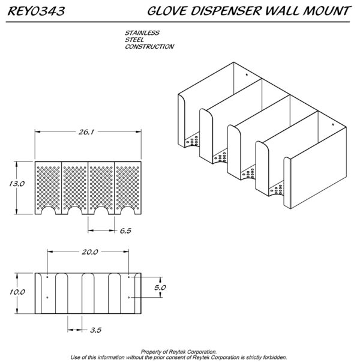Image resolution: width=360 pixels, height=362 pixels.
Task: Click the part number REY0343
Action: tap(36, 11)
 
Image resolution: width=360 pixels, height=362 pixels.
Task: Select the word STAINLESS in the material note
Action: tap(142, 33)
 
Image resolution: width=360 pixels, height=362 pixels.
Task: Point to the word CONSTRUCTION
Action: tap(149, 47)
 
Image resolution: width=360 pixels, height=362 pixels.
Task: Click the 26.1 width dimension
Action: tap(86, 132)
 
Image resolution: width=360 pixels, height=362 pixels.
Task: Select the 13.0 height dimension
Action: tap(17, 184)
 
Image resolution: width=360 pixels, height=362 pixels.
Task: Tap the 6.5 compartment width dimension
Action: tap(125, 231)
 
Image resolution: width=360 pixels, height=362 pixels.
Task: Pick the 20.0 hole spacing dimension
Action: tap(90, 252)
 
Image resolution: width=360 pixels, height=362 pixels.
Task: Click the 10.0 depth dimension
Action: tap(17, 292)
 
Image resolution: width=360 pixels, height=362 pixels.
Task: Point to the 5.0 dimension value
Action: tap(160, 288)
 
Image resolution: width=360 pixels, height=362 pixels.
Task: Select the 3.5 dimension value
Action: tap(96, 330)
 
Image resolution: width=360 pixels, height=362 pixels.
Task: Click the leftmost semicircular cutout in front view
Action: tap(48, 211)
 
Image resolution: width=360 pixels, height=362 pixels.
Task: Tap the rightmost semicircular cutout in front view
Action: tap(128, 211)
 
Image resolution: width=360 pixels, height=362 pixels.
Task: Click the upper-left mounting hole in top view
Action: tap(47, 277)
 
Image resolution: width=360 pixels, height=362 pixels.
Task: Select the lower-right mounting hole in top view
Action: tap(129, 297)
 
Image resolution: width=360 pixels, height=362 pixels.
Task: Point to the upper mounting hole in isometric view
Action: tap(247, 74)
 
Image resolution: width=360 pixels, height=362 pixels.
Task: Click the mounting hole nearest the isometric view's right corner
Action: tap(333, 125)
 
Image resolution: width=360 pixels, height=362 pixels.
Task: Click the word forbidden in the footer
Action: tap(274, 357)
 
